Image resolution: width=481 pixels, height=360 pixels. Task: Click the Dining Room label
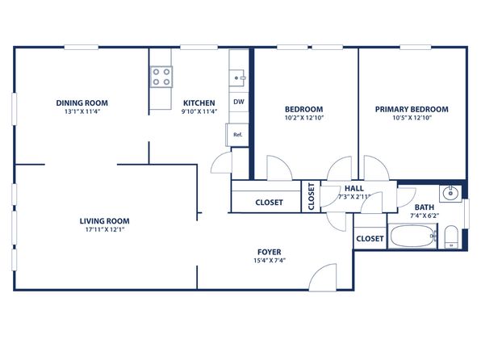[82, 103]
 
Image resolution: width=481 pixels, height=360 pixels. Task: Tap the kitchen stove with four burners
[161, 77]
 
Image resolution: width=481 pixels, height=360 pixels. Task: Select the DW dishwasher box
[239, 102]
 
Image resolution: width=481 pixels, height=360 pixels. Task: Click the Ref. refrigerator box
[237, 135]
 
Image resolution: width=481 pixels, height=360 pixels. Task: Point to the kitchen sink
[239, 78]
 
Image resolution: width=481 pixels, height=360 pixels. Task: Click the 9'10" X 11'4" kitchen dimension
[199, 111]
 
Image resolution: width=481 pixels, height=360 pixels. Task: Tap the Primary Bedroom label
[412, 109]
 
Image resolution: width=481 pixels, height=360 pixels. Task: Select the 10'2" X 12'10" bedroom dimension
[304, 118]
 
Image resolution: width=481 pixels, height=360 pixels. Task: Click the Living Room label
[105, 221]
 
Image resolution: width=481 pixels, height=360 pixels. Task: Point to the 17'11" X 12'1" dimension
[105, 229]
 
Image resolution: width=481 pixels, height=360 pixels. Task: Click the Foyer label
[270, 253]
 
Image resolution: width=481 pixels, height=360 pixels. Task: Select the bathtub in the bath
[412, 236]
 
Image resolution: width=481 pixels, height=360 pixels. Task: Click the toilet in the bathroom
[451, 237]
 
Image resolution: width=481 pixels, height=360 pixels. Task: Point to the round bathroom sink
[450, 194]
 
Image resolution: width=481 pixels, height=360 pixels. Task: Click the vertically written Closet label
[311, 196]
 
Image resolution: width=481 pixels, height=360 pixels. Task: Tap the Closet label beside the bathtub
[370, 238]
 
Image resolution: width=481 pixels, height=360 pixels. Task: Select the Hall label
[354, 188]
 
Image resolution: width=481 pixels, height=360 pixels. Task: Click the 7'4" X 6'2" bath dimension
[425, 216]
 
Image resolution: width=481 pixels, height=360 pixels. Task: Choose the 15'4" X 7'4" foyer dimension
[270, 261]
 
